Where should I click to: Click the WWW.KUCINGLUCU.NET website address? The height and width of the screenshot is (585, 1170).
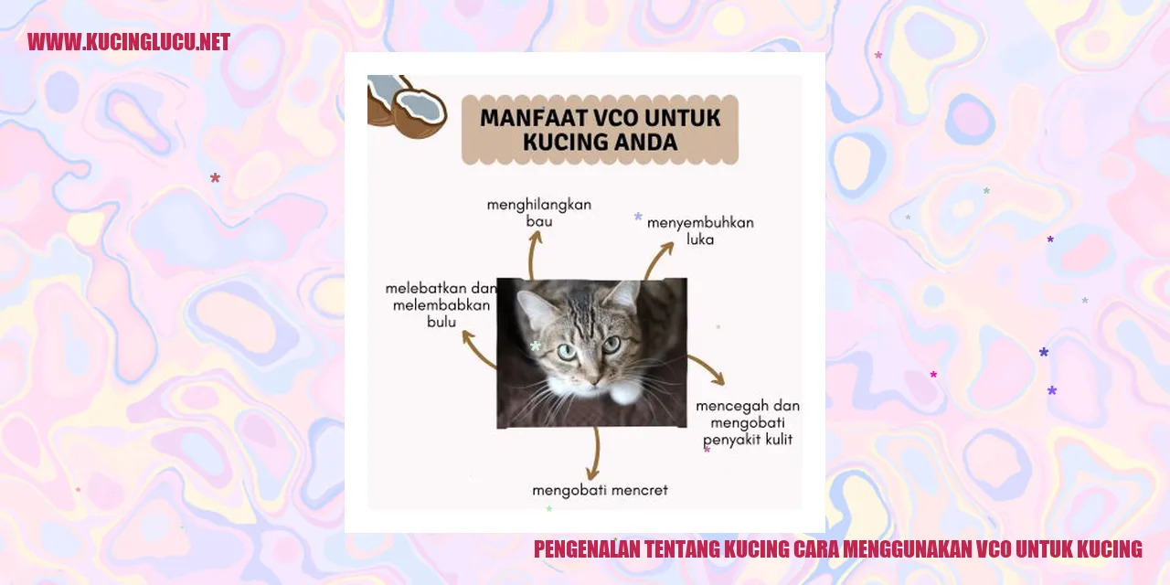pyautogui.click(x=128, y=42)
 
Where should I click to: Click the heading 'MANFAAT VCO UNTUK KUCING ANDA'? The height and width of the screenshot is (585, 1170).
pyautogui.click(x=600, y=130)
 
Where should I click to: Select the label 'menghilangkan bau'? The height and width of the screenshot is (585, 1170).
pyautogui.click(x=538, y=213)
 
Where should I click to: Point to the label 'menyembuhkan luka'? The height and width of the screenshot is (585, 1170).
pyautogui.click(x=700, y=230)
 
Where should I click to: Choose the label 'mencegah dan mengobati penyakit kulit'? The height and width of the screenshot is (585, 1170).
pyautogui.click(x=748, y=422)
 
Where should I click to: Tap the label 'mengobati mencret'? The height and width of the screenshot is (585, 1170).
pyautogui.click(x=600, y=490)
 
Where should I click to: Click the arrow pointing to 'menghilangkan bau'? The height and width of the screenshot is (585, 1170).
pyautogui.click(x=535, y=252)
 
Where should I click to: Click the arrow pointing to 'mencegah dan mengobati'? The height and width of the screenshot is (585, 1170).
pyautogui.click(x=707, y=369)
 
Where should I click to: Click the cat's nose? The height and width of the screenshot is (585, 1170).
pyautogui.click(x=593, y=375)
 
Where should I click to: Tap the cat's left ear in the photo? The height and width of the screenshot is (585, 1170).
pyautogui.click(x=535, y=307)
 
